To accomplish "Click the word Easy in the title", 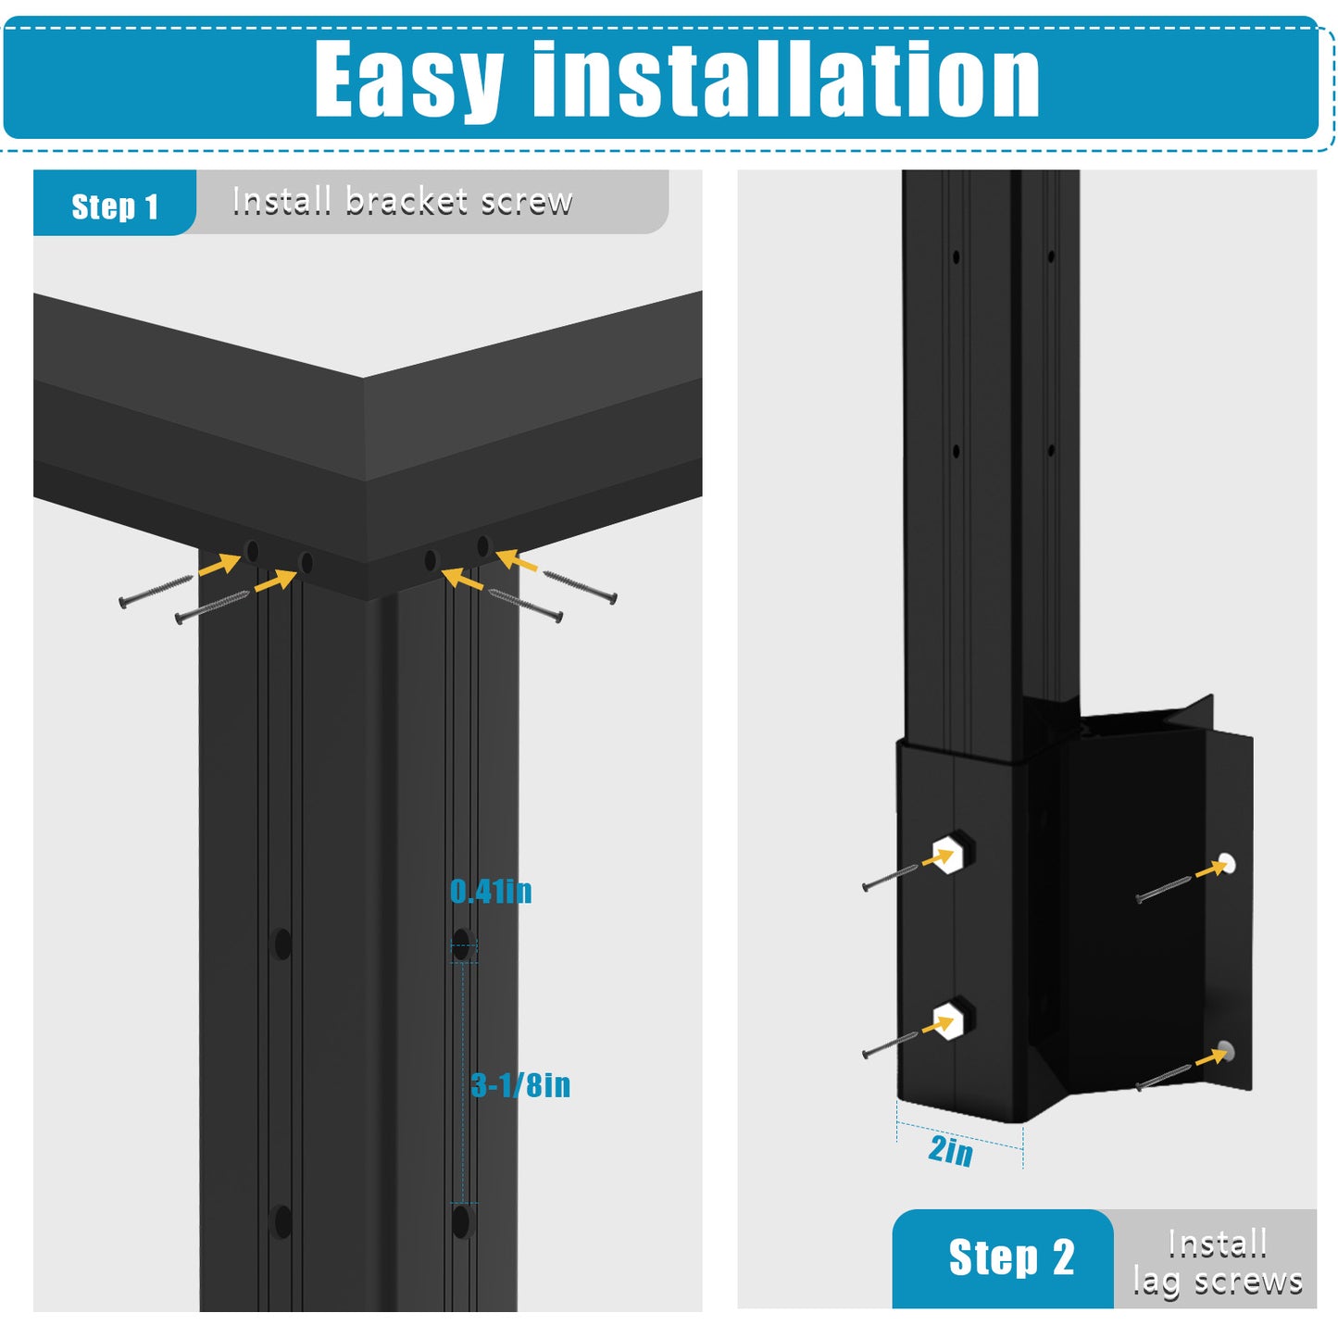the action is [x=408, y=79].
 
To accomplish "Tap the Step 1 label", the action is [x=115, y=206].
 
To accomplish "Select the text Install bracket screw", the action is [x=402, y=201].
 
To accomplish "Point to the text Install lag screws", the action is [x=1218, y=1262].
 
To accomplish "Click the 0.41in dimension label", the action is [x=491, y=892].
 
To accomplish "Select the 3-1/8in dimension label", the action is [x=520, y=1085].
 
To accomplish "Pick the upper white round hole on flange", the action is [x=1228, y=863].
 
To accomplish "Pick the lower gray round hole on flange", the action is [x=1226, y=1052].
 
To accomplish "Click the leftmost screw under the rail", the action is [x=156, y=592].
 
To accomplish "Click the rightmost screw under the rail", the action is [x=580, y=587].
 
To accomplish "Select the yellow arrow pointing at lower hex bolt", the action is [x=937, y=1025].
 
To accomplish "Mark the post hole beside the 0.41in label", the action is [x=462, y=944].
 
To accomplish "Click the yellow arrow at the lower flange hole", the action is [x=1212, y=1057].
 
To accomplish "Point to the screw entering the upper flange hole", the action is [x=1163, y=890].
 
